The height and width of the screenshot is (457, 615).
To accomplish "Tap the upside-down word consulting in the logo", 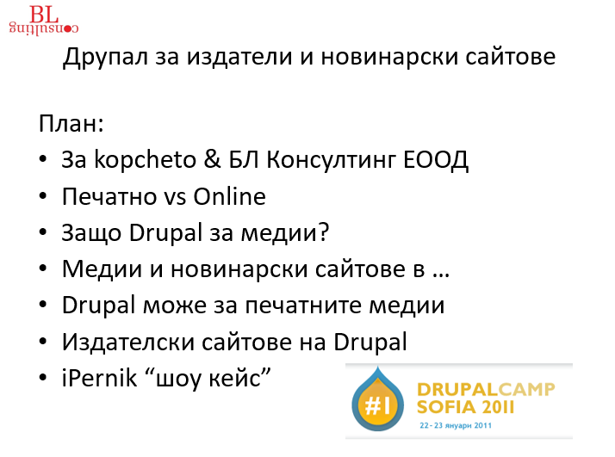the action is coord(44,28).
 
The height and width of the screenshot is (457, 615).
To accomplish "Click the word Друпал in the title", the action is coord(105,57).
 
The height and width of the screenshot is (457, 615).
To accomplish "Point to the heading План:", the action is coord(71,123).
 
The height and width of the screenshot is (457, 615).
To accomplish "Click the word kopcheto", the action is coord(145,160).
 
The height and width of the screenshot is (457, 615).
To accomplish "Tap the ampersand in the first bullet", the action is coord(212,160).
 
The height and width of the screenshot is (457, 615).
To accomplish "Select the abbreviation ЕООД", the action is coord(435,161).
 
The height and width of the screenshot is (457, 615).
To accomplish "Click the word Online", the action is coord(229,196).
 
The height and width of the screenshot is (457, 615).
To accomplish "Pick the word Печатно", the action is coord(109,196).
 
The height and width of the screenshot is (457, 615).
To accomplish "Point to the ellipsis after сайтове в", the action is coord(441,275).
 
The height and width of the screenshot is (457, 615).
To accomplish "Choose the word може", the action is coord(174,306).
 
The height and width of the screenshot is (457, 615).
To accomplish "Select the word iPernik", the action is coord(100,378).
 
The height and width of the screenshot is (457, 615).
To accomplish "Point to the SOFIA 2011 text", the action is coord(465,407).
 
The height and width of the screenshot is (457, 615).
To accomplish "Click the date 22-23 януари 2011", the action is coord(456,426).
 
